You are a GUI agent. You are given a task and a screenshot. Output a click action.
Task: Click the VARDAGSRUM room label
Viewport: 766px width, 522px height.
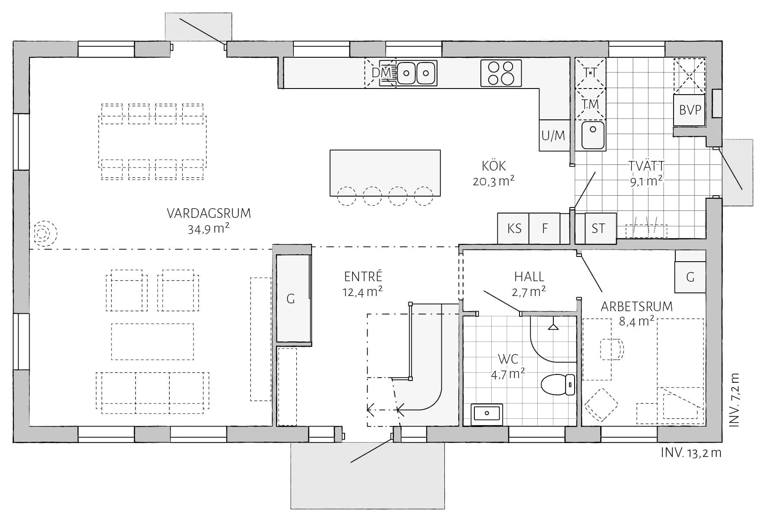(209, 213)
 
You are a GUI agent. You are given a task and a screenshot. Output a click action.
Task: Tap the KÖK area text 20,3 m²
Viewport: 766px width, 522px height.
(493, 181)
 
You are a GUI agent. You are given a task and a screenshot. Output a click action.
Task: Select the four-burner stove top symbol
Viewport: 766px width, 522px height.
(501, 73)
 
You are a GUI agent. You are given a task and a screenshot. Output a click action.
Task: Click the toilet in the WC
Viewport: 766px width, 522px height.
(557, 384)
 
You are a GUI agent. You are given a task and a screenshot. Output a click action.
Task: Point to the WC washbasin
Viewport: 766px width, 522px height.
(487, 414)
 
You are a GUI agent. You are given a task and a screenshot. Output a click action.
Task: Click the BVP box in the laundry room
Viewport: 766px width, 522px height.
(690, 110)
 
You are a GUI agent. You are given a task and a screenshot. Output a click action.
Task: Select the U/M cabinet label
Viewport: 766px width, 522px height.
(553, 135)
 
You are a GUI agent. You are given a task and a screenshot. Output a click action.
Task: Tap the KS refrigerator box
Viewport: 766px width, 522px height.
(514, 228)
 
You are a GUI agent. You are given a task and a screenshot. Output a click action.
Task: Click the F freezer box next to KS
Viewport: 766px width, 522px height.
(545, 228)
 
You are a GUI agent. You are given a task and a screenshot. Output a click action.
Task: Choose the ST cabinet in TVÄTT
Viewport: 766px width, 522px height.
(598, 228)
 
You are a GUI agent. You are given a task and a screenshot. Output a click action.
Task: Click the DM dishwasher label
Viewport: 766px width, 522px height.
(380, 73)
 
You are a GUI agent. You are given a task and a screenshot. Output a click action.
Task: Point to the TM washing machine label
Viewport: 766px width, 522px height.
(590, 104)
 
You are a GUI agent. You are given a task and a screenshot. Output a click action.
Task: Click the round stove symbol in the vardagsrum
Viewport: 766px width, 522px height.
(42, 234)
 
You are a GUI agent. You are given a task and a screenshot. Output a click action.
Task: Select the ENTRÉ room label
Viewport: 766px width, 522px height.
(363, 276)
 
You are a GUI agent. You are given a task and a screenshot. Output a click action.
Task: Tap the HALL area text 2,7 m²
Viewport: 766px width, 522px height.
(528, 291)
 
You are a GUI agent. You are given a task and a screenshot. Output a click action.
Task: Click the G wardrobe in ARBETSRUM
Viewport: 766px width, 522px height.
(690, 277)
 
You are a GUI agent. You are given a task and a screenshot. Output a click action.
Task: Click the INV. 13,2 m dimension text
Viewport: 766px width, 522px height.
(691, 453)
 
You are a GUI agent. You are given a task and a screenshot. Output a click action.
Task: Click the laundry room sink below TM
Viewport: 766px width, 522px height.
(592, 135)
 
